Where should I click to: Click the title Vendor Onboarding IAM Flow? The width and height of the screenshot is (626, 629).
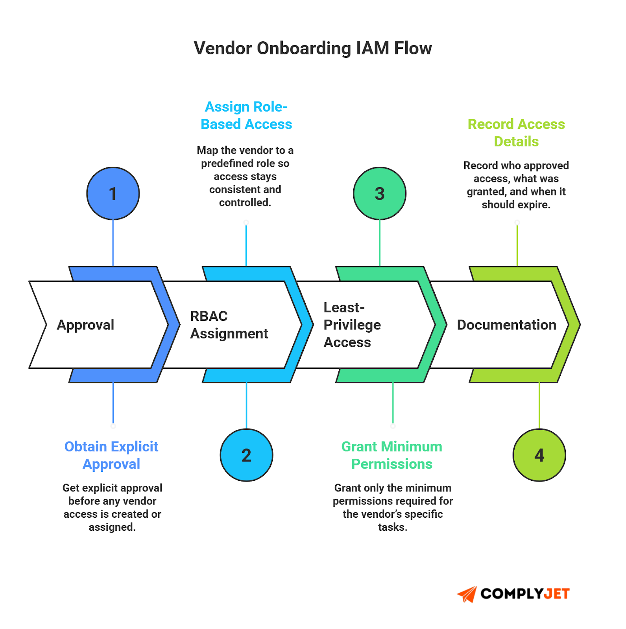pyautogui.click(x=313, y=48)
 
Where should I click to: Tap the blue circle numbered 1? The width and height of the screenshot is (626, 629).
pyautogui.click(x=113, y=193)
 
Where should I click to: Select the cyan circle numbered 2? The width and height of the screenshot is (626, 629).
pyautogui.click(x=246, y=455)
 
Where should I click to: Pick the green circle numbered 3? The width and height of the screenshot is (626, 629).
pyautogui.click(x=379, y=193)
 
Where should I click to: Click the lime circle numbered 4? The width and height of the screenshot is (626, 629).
pyautogui.click(x=539, y=455)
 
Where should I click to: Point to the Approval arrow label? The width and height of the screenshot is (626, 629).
pyautogui.click(x=85, y=325)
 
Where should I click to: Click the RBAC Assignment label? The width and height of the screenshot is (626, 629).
pyautogui.click(x=229, y=325)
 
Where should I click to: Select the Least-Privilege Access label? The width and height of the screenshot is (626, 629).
pyautogui.click(x=352, y=325)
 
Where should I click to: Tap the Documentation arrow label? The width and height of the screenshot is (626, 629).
pyautogui.click(x=506, y=325)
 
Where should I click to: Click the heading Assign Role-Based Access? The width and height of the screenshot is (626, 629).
pyautogui.click(x=246, y=115)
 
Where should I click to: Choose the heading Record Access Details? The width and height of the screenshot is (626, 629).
pyautogui.click(x=516, y=132)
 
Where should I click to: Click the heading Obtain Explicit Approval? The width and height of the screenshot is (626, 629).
pyautogui.click(x=111, y=455)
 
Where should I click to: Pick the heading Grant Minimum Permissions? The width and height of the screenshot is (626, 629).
pyautogui.click(x=391, y=455)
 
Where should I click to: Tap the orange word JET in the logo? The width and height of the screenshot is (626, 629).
pyautogui.click(x=557, y=594)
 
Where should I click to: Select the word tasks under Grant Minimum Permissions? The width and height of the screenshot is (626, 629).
pyautogui.click(x=392, y=527)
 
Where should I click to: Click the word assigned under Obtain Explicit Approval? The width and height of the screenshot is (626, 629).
pyautogui.click(x=112, y=527)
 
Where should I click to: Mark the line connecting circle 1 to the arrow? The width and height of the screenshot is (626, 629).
pyautogui.click(x=113, y=243)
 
